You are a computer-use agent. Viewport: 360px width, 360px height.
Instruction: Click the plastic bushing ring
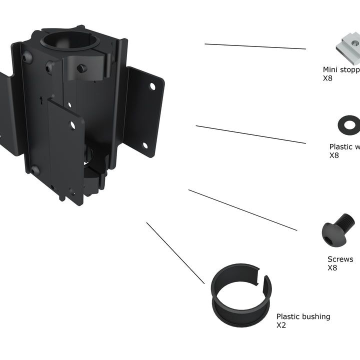[241, 295]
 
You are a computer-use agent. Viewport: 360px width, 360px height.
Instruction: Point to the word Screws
[340, 259]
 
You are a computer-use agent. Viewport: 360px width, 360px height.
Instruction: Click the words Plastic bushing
[303, 316]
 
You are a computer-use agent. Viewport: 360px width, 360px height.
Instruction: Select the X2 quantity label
[281, 325]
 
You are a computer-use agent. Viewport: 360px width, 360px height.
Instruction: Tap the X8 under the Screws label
[332, 268]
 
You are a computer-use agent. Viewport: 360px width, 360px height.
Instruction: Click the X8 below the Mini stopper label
[328, 78]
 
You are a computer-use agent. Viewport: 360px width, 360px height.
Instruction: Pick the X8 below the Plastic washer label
[334, 155]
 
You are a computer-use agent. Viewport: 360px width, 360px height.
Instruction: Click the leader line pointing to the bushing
[175, 253]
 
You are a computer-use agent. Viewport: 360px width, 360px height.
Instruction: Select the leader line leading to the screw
[242, 210]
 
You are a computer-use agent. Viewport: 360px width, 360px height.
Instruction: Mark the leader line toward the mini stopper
[255, 46]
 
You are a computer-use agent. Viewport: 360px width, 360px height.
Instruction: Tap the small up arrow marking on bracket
[40, 99]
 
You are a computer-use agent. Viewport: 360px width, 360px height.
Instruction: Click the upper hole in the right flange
[152, 86]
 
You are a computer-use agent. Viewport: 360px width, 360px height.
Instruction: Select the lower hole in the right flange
[145, 145]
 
